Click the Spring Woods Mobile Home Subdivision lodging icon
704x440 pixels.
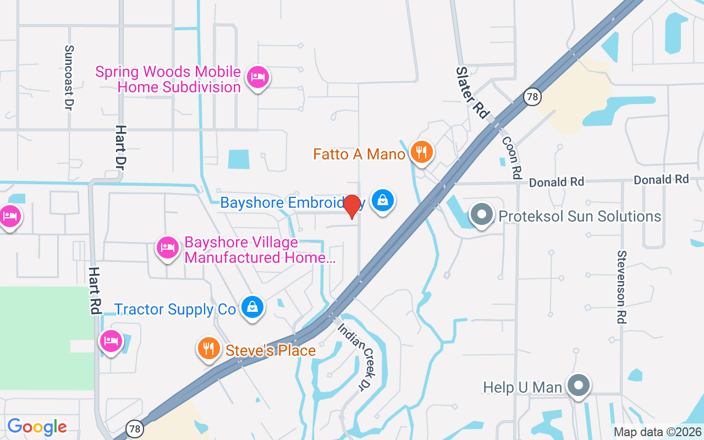(257, 77)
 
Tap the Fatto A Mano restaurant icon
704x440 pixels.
(422, 152)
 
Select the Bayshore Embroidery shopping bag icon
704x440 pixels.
(382, 200)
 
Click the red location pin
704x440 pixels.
(352, 207)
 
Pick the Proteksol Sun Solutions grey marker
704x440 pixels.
(482, 215)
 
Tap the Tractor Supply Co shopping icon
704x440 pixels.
(252, 307)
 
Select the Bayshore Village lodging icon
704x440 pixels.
(167, 248)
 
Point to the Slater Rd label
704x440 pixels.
(472, 92)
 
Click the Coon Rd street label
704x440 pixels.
(512, 157)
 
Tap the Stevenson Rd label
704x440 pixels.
(622, 287)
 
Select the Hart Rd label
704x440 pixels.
(95, 290)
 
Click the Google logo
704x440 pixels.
(37, 427)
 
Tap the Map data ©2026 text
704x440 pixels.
(658, 432)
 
